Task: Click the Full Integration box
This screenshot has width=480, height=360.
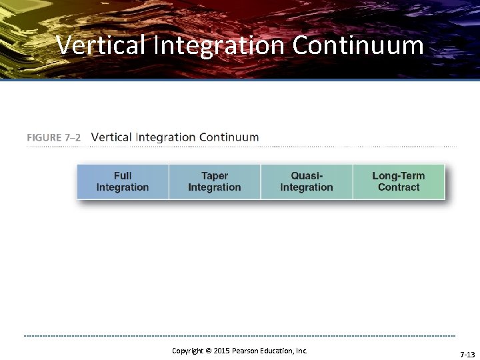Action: (x=123, y=181)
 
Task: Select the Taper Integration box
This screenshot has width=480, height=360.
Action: (x=215, y=181)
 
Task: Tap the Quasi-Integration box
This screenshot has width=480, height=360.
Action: (x=307, y=181)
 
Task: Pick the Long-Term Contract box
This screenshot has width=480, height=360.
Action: (x=398, y=181)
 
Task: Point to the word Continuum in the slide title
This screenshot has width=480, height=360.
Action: (x=357, y=45)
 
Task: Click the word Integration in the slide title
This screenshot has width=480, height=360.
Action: (x=221, y=45)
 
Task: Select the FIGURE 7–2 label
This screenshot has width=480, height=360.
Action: (x=54, y=137)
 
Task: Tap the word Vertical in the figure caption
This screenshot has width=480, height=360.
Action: (x=111, y=137)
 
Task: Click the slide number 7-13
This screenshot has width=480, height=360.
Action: (x=467, y=355)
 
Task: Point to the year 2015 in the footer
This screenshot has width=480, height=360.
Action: (x=221, y=351)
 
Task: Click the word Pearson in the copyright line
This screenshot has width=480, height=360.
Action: (x=247, y=351)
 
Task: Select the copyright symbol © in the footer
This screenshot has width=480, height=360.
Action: (x=207, y=351)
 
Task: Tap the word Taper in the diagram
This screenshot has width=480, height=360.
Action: (x=215, y=176)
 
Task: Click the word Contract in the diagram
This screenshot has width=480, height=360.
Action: (x=399, y=187)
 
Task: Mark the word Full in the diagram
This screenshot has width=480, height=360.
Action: (x=123, y=176)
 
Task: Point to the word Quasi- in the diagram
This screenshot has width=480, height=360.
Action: (x=307, y=176)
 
